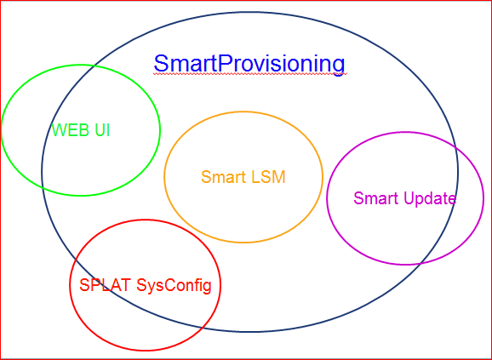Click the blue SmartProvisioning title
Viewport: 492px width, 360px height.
[249, 65]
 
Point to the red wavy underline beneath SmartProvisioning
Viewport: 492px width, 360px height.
[250, 74]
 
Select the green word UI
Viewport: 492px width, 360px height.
[102, 130]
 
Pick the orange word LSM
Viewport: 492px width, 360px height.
[268, 177]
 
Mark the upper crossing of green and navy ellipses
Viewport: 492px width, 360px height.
[94, 66]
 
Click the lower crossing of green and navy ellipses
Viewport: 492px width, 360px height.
[43, 186]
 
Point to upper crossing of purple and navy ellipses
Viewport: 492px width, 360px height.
[455, 147]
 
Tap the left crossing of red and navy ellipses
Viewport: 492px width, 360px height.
[76, 260]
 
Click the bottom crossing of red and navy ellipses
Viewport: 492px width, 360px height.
[203, 327]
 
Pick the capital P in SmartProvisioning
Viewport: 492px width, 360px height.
[225, 64]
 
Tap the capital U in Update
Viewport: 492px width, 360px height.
[409, 198]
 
